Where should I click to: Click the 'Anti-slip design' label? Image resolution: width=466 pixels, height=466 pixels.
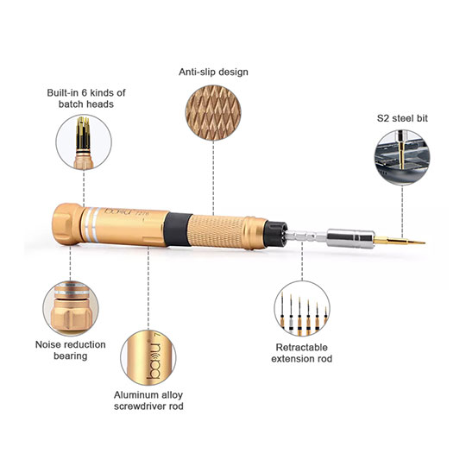coord(212,72)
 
